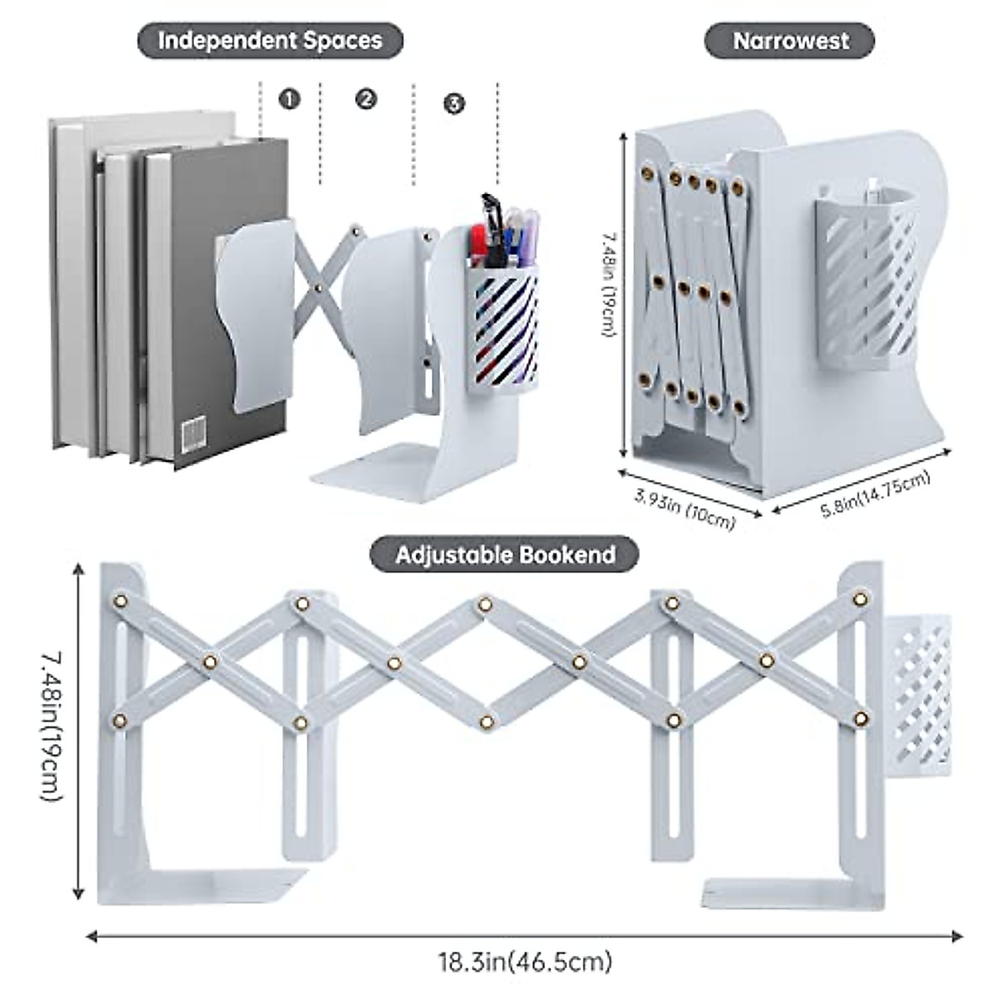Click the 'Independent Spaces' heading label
270,40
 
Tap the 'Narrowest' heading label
790,40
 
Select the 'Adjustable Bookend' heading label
504,554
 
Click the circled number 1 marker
290,99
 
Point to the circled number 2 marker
365,99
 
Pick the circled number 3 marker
454,103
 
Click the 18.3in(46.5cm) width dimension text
525,961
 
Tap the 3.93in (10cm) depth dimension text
685,508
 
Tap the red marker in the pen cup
478,247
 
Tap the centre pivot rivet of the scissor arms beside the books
318,288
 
